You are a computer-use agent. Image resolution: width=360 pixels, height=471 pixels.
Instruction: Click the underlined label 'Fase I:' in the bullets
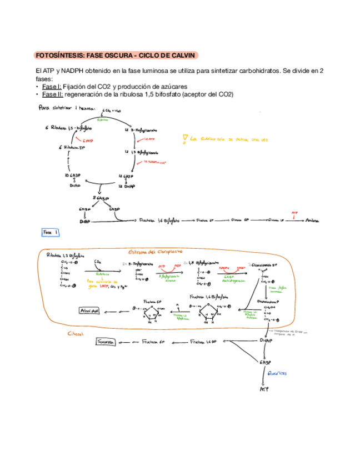coord(51,87)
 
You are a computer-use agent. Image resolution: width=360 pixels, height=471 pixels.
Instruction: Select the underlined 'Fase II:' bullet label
coord(52,94)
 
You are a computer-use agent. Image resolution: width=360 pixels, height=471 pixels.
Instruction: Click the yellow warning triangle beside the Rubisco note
coord(184,138)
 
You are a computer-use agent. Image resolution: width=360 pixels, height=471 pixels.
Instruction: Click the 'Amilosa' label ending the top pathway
coord(312,221)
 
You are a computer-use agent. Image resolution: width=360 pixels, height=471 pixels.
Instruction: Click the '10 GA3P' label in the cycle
coord(74,176)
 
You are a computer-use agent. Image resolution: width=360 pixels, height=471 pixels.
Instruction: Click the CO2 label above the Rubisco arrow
coord(98,260)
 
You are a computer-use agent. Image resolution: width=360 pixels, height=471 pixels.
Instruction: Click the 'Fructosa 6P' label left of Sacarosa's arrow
coord(154,343)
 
